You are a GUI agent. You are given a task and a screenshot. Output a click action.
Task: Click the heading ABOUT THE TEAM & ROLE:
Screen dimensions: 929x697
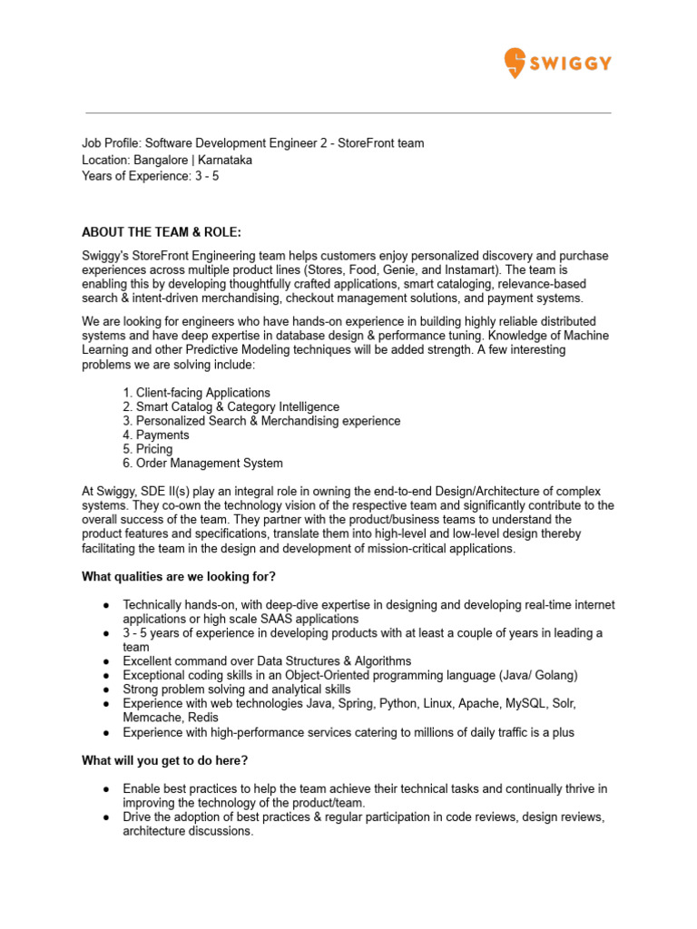(x=162, y=232)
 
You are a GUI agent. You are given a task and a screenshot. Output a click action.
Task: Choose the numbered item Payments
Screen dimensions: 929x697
(x=162, y=435)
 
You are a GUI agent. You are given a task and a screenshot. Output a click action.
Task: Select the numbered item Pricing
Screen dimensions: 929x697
(x=153, y=449)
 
